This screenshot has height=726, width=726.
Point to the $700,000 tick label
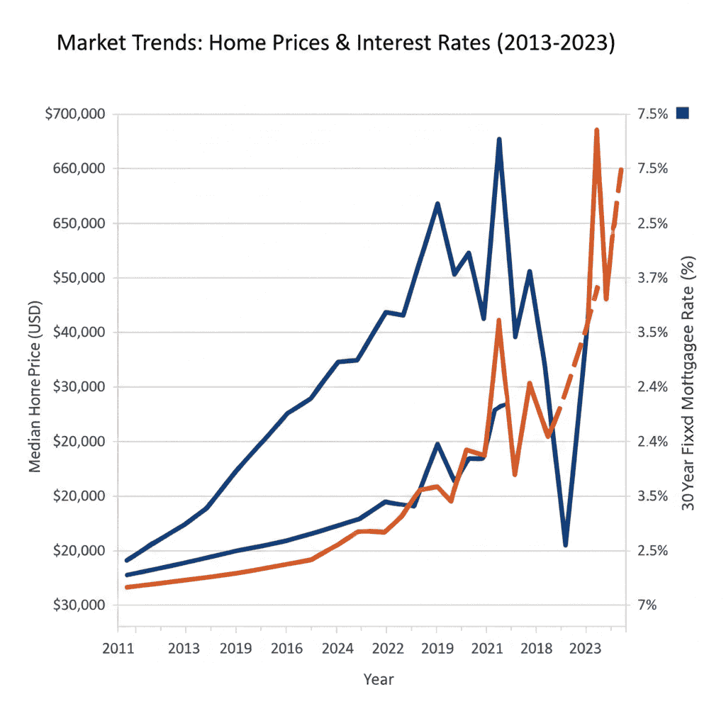pyautogui.click(x=74, y=114)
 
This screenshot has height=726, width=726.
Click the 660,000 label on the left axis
pyautogui.click(x=77, y=169)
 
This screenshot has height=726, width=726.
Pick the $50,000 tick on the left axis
pyautogui.click(x=77, y=278)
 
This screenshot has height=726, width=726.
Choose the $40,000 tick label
pyautogui.click(x=77, y=333)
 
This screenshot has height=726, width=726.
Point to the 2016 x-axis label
pyautogui.click(x=286, y=648)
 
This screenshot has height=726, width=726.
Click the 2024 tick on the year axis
pyautogui.click(x=336, y=648)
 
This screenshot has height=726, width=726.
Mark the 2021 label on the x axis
pyautogui.click(x=486, y=648)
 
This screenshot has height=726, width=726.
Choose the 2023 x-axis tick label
pyautogui.click(x=586, y=648)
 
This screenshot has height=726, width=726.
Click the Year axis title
pyautogui.click(x=378, y=680)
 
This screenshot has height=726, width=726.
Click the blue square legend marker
pyautogui.click(x=683, y=113)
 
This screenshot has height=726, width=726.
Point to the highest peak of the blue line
pyautogui.click(x=499, y=140)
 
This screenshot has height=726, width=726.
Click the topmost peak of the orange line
pyautogui.click(x=596, y=130)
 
